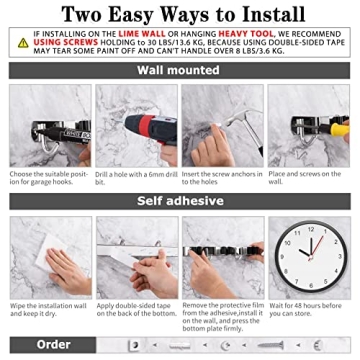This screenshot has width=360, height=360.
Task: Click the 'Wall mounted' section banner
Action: tap(180, 72)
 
